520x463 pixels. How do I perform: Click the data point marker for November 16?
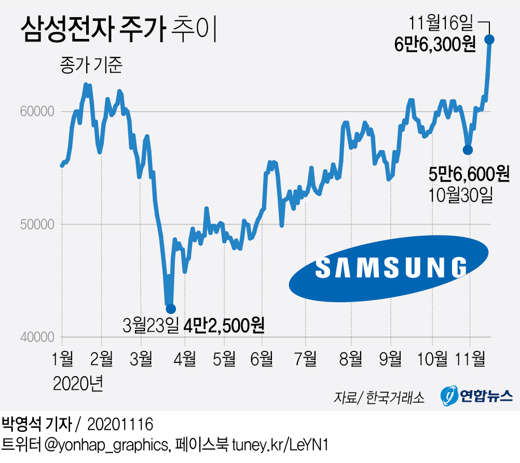coord(489,39)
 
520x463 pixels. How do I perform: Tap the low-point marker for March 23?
coord(170,309)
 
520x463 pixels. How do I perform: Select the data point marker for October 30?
coord(468,149)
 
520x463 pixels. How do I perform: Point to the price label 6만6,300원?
coord(435,45)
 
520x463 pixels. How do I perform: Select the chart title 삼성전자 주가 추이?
coord(117,30)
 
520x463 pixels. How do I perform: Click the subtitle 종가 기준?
coord(91,66)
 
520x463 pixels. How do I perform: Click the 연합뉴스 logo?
coord(477,396)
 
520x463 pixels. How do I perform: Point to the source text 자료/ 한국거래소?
coord(379,398)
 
